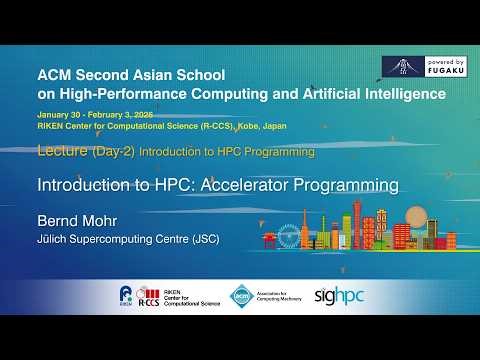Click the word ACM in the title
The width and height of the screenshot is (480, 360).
click(x=51, y=74)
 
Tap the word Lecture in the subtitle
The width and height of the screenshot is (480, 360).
click(x=60, y=152)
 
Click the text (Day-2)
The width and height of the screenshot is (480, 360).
click(x=113, y=152)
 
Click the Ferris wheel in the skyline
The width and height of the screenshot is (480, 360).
click(x=290, y=236)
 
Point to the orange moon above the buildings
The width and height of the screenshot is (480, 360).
click(x=417, y=214)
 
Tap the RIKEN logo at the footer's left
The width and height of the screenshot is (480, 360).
click(x=124, y=294)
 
